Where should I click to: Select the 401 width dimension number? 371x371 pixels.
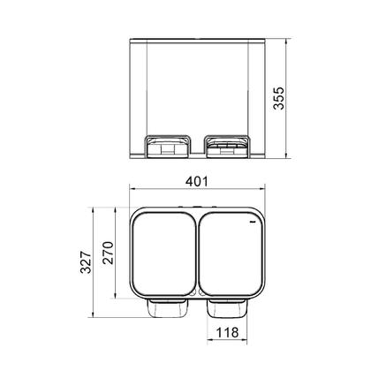pos(196,182)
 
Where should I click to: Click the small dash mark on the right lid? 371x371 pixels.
pos(252,226)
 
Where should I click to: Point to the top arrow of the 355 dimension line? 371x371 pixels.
pos(291,41)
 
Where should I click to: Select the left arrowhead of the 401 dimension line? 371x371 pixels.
pos(132,192)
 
